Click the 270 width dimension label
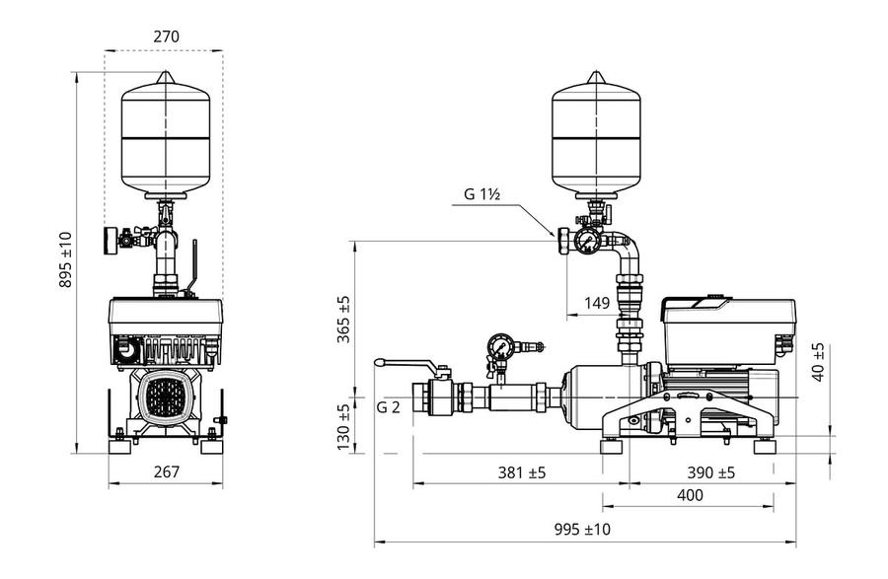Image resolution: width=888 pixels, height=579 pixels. click(166, 36)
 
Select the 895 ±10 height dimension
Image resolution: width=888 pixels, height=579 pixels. click(66, 259)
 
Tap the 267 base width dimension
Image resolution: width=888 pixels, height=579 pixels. click(167, 471)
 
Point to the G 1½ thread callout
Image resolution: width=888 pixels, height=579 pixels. click(481, 194)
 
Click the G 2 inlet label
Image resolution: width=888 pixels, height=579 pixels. click(388, 407)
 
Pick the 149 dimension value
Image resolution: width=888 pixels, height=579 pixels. click(597, 304)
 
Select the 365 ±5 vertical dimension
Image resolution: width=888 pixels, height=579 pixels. click(343, 320)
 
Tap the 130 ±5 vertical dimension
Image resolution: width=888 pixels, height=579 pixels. click(343, 427)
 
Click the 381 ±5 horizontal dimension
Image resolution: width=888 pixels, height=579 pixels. click(522, 472)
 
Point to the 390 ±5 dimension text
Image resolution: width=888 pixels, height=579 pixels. click(710, 472)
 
